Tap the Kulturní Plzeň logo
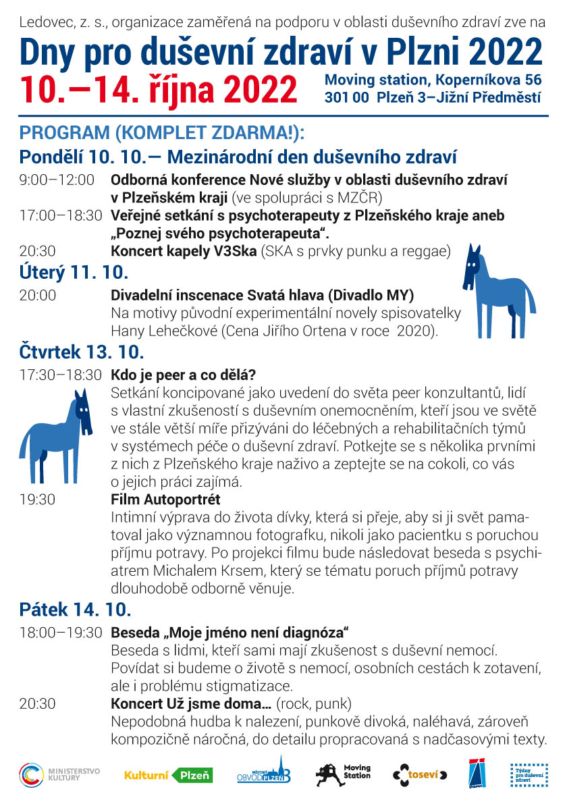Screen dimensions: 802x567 pos(168,776)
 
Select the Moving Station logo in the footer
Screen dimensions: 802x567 pos(344,774)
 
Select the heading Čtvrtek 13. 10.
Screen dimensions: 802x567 pos(82,352)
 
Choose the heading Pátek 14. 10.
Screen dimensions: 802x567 pos(75,610)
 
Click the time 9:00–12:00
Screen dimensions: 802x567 pos(57,180)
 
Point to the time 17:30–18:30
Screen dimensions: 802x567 pos(61,374)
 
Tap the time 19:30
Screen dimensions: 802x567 pos(38,500)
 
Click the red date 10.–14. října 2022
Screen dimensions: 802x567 pos(159,88)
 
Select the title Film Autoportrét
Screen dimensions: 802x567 pos(165,500)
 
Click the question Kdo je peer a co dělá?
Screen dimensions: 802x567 pos(186,375)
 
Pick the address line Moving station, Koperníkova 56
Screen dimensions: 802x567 pos(433,80)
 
